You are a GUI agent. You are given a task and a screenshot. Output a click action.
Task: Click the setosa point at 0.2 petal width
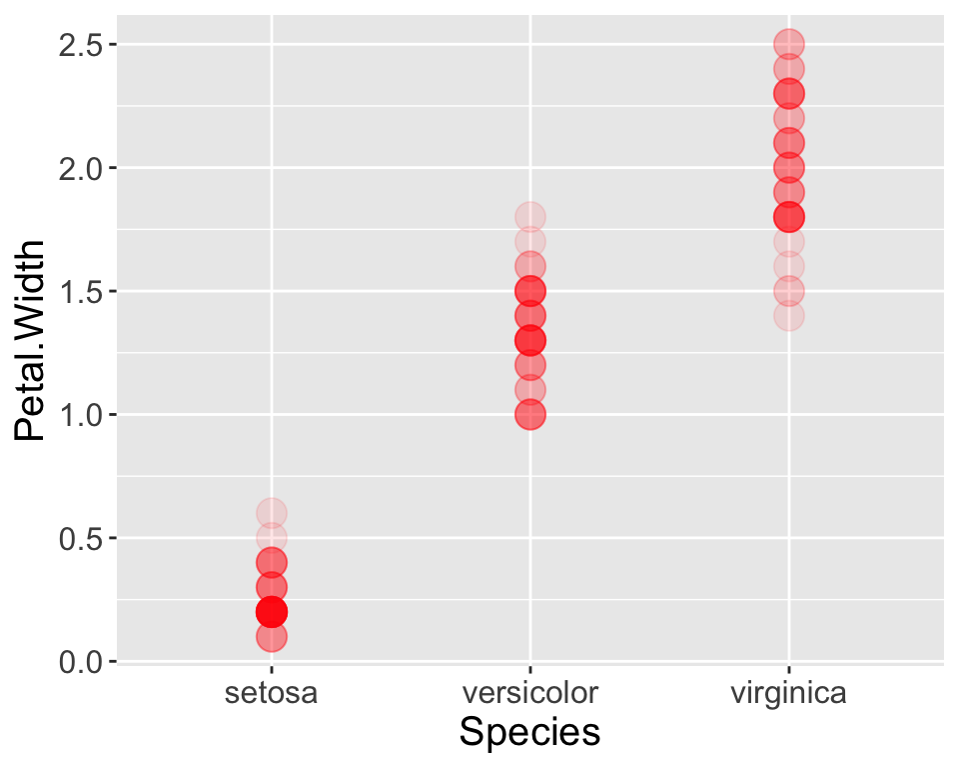(272, 611)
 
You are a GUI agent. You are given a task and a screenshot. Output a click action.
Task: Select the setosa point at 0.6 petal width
(272, 513)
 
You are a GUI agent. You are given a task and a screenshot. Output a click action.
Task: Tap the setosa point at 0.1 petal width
(272, 636)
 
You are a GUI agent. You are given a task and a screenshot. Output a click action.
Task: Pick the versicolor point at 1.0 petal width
(530, 414)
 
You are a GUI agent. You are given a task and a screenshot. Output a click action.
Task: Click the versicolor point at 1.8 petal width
(530, 217)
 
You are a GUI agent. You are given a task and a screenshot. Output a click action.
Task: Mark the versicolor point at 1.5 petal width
(530, 291)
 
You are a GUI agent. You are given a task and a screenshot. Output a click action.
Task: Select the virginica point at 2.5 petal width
(789, 44)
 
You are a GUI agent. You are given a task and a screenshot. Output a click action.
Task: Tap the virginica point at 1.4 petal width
(789, 316)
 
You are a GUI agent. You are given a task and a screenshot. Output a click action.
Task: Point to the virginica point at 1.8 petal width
(789, 217)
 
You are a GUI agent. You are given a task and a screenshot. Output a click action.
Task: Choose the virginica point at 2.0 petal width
(789, 167)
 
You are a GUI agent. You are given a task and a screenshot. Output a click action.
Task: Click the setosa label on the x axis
(272, 693)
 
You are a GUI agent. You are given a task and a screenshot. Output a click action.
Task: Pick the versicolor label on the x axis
(530, 693)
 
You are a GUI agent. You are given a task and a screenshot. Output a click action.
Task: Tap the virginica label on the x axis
(789, 693)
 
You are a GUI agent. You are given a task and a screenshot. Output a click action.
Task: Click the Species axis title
(530, 733)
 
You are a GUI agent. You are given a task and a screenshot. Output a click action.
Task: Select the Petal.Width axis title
(32, 340)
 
